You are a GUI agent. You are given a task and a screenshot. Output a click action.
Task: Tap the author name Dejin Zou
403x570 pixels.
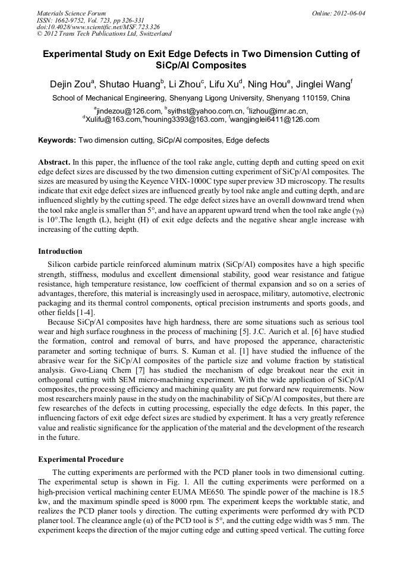tap(71, 84)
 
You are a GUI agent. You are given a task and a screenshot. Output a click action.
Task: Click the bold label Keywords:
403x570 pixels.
tap(57, 141)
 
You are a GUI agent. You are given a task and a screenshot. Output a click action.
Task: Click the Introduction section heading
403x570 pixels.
tap(60, 251)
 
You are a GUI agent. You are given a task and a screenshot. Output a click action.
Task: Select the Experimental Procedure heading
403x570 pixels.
tap(81, 459)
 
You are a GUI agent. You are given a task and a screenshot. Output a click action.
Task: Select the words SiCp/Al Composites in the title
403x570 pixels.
tap(201, 65)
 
